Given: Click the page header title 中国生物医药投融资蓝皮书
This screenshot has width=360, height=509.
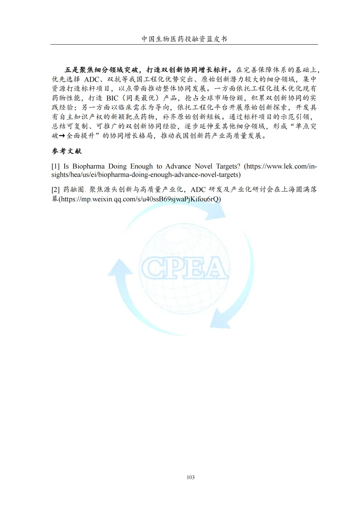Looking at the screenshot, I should coord(184,39).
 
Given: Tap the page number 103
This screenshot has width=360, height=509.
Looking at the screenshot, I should coord(191,477).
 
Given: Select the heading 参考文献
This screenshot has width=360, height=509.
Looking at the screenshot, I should coord(67,151).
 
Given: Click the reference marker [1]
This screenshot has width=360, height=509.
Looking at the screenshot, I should coord(55,166).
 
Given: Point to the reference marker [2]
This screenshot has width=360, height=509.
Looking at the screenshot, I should coord(55,190).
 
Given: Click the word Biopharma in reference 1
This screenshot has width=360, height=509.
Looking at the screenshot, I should coord(88,166).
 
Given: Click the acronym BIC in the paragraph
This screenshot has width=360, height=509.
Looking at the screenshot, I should coord(112,98).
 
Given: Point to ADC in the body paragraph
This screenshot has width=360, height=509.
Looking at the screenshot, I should coord(92,79).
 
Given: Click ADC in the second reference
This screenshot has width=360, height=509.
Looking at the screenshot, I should coord(198,190).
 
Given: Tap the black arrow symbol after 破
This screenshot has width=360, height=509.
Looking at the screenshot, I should coord(62,136).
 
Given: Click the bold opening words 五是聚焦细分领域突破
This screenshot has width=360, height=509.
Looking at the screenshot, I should coord(101,70).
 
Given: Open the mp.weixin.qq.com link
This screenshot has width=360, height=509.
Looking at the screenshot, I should coord(140,199).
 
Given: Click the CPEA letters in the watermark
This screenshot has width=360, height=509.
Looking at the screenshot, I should coord(185,268).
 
